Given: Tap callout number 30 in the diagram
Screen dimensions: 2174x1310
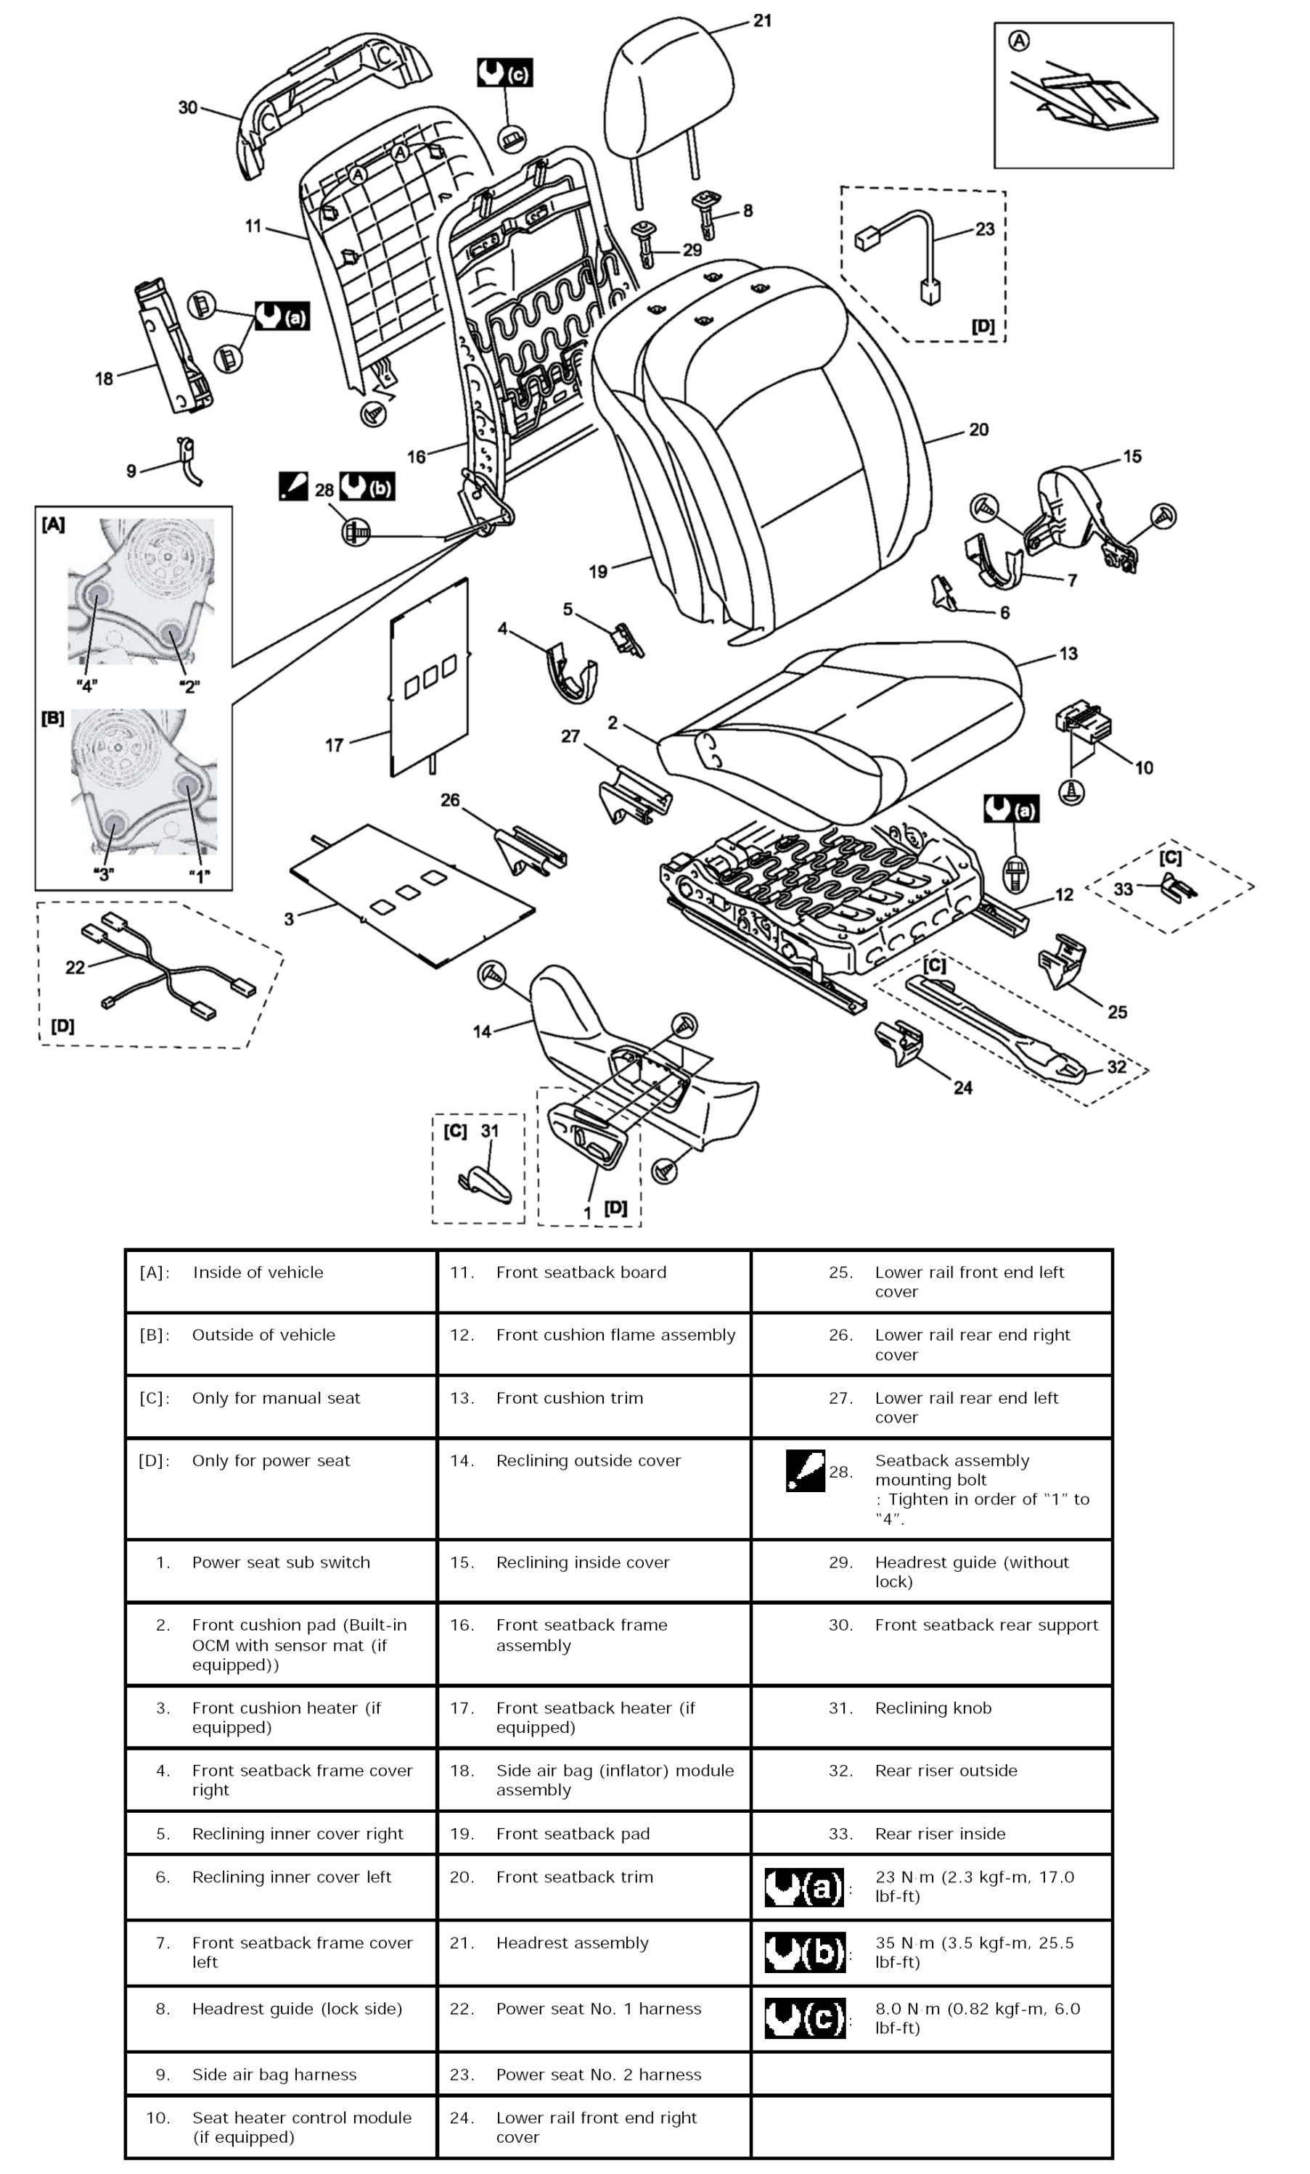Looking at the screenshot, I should (187, 107).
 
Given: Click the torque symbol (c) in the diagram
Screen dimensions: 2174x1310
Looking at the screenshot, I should (504, 73).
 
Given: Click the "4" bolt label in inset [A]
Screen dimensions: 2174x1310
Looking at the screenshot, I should (86, 685).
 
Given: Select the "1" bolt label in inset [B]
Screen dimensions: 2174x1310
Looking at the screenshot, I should (200, 876).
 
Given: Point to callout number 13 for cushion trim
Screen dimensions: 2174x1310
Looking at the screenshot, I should (1068, 654).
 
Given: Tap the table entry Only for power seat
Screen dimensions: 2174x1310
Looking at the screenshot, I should (271, 1461).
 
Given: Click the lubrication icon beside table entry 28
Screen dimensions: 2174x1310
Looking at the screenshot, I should (804, 1471).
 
